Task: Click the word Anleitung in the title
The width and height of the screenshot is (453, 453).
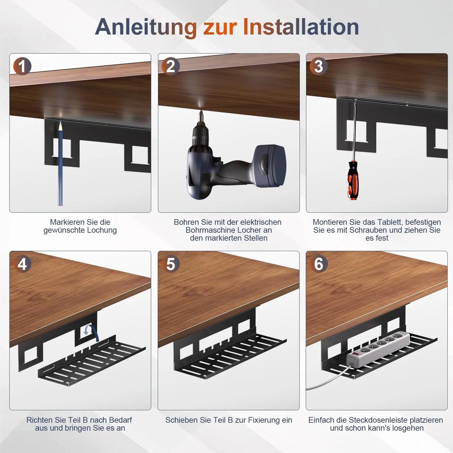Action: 146,27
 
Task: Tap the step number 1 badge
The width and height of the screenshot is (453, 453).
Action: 22,66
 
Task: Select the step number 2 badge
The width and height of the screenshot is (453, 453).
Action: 170,66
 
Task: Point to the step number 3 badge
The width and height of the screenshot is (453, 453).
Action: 319,66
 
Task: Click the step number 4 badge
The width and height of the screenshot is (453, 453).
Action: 22,264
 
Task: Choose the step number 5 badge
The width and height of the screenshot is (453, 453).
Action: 170,264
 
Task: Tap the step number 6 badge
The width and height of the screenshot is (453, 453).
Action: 319,264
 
